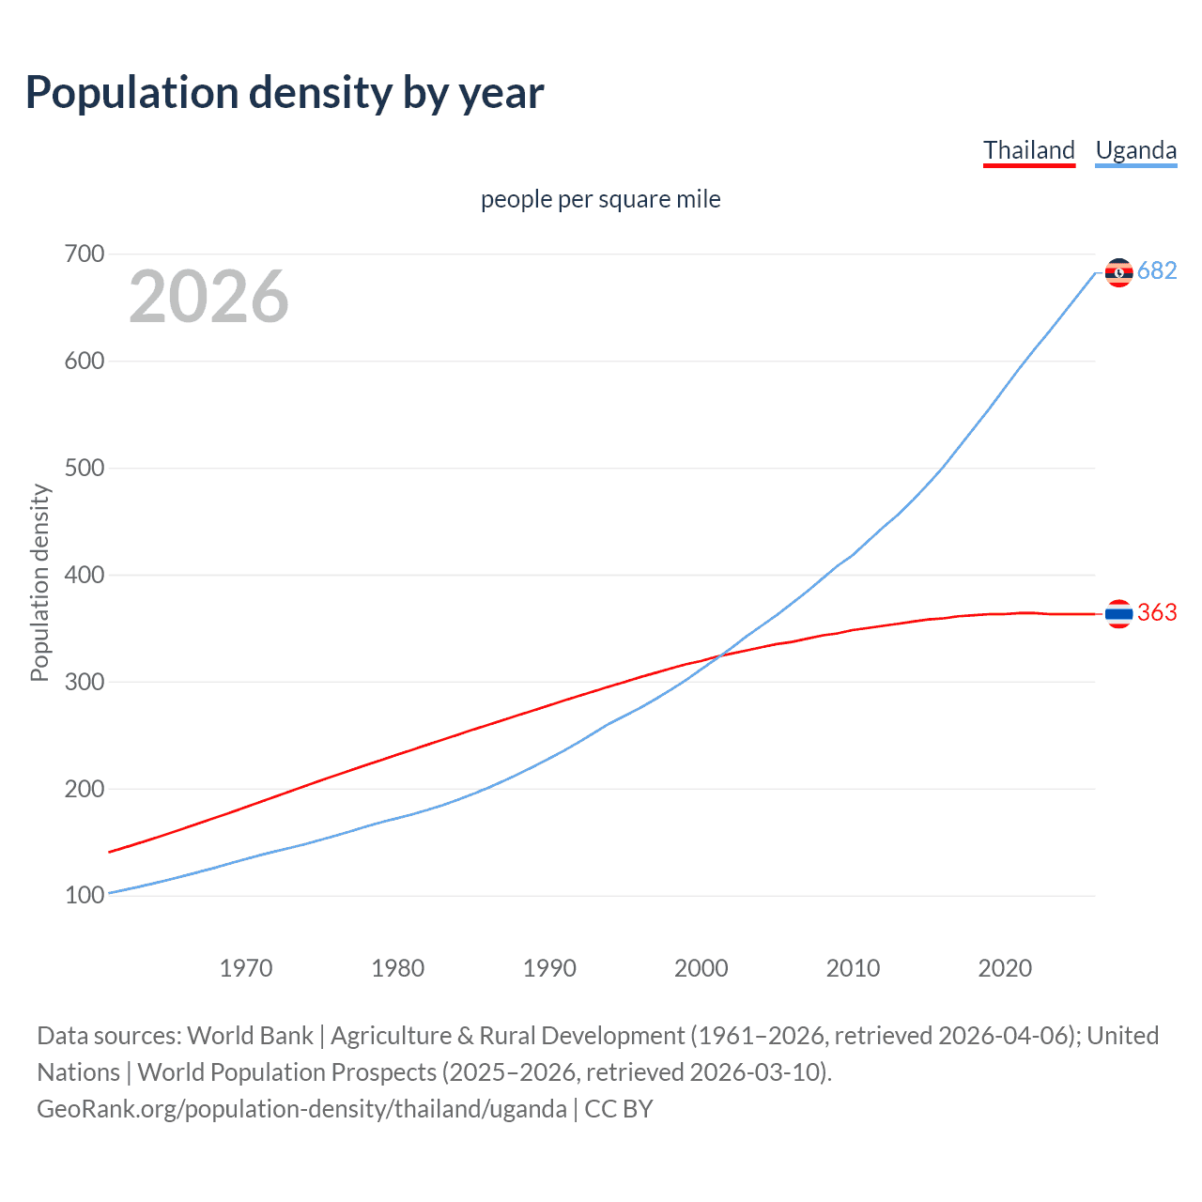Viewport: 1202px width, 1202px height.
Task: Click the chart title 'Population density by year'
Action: pos(285,93)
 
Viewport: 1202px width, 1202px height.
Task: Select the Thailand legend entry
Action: pos(1028,150)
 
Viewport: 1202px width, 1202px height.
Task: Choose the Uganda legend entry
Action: pos(1135,150)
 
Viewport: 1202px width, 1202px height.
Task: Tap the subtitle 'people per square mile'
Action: pos(600,199)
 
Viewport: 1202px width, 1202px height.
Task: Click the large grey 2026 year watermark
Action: pos(208,297)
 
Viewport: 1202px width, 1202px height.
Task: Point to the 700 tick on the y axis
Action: pos(85,254)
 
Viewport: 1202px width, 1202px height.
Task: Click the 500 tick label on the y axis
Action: pos(85,468)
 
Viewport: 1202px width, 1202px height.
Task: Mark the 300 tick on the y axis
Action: pos(85,682)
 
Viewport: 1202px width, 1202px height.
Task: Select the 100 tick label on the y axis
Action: pos(85,895)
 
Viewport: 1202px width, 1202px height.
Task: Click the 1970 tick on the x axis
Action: pos(246,968)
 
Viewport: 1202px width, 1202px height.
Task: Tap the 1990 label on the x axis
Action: pos(549,968)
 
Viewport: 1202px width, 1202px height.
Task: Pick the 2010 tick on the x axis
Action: pos(853,968)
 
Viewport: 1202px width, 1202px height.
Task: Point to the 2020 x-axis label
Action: pos(1005,968)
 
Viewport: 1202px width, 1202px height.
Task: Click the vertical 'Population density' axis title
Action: pos(39,582)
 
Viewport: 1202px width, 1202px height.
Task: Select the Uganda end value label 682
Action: pos(1157,271)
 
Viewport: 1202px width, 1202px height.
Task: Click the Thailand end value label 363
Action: pos(1157,613)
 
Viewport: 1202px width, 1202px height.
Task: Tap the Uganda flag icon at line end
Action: pos(1118,272)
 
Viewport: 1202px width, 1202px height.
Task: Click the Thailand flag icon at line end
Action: pos(1118,614)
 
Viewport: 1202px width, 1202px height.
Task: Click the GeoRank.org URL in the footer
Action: pos(301,1109)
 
